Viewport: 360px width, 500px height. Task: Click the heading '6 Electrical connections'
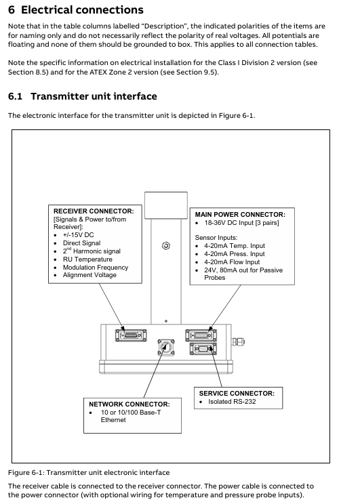[x=76, y=10]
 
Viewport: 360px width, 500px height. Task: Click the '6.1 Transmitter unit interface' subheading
[x=82, y=96]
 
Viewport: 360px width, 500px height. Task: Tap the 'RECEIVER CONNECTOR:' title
[x=94, y=211]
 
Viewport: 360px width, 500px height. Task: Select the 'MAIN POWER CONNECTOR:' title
[x=240, y=215]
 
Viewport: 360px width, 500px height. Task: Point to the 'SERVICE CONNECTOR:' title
[x=237, y=393]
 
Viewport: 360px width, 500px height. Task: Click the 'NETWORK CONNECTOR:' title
[x=129, y=404]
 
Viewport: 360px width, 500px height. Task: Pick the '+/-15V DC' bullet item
[x=78, y=235]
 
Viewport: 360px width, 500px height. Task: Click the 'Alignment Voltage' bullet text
[x=89, y=275]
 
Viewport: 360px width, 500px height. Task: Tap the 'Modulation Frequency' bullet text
[x=96, y=267]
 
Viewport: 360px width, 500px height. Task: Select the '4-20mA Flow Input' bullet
[x=232, y=262]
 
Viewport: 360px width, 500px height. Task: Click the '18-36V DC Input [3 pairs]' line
[x=241, y=223]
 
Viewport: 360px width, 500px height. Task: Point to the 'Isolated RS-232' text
[x=232, y=402]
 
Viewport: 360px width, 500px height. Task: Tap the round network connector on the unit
[x=166, y=348]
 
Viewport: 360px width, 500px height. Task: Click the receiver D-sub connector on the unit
[x=131, y=335]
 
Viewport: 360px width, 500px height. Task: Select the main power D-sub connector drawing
[x=201, y=335]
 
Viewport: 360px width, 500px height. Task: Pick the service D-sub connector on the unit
[x=203, y=348]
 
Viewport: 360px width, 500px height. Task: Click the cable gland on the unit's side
[x=238, y=342]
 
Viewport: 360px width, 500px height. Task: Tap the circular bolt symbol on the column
[x=166, y=246]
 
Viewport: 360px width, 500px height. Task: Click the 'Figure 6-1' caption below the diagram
[x=89, y=473]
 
